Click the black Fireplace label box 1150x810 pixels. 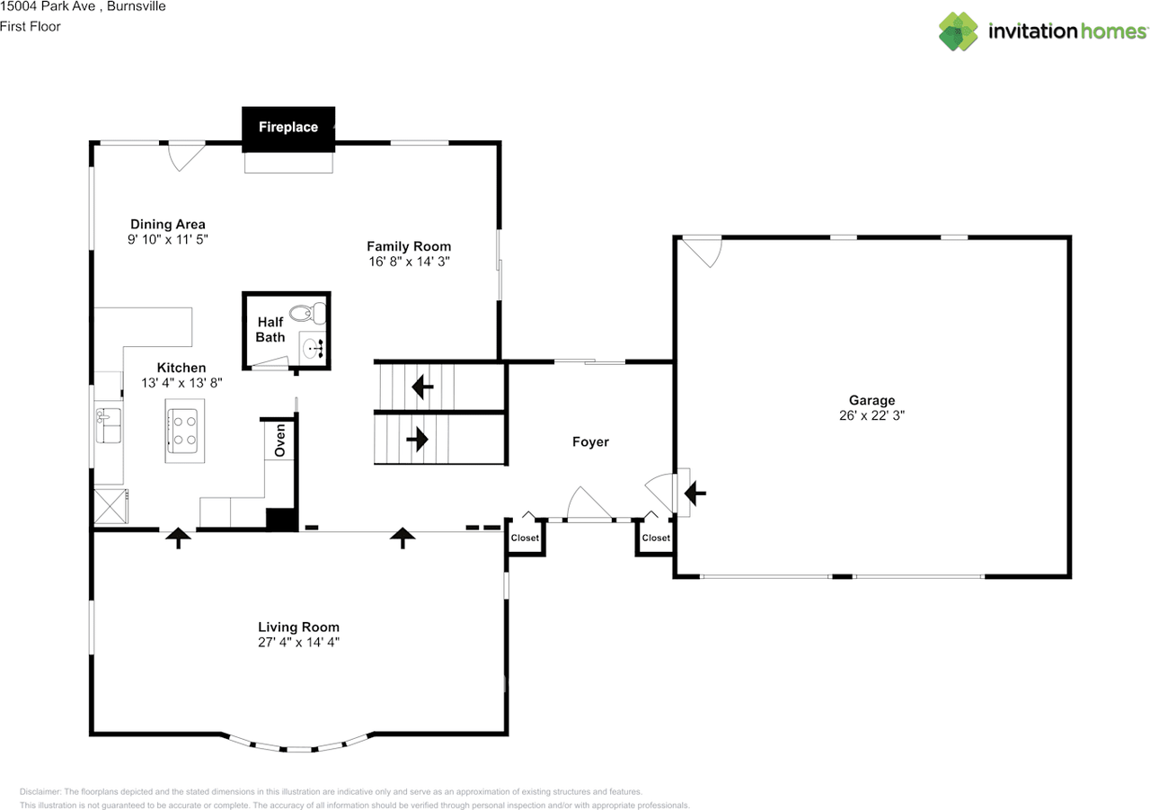(288, 127)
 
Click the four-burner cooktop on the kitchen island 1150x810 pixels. (184, 429)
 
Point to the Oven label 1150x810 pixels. (280, 440)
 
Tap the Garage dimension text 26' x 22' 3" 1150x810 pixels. (871, 416)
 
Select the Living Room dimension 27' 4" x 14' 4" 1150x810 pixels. (298, 642)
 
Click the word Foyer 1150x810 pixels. (590, 441)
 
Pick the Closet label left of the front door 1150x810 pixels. (525, 538)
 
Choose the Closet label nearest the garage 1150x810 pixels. (656, 538)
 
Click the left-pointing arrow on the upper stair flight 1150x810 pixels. (421, 387)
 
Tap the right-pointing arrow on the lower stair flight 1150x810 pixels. (417, 440)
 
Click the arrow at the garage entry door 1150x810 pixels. (696, 493)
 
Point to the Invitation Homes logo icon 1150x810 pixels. (959, 31)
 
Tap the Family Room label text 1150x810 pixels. (409, 246)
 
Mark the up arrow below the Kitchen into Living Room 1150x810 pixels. (179, 538)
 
